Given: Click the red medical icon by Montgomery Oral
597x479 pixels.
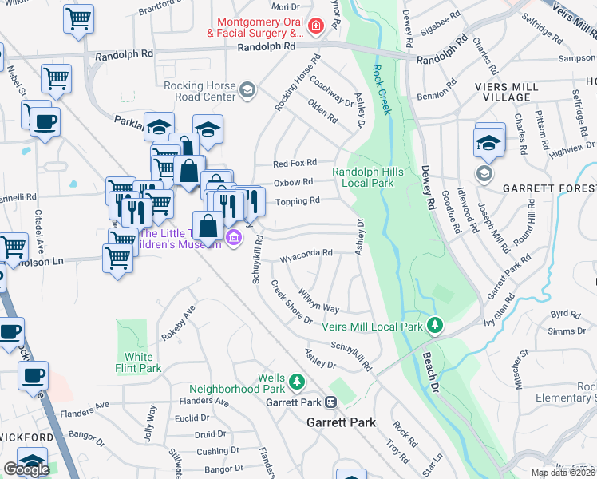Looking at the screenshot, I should (316, 26).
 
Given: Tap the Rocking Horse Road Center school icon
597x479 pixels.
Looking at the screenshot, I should (247, 89).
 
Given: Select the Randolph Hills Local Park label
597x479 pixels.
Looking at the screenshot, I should (363, 177).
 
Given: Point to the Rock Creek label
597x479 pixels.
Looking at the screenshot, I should (382, 89).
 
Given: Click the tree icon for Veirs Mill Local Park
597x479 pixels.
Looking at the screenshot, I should (435, 325).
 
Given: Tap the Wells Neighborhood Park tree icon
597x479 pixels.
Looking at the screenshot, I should (296, 382).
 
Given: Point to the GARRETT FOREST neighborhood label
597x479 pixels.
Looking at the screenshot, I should (549, 189).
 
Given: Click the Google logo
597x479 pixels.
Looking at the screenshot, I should (26, 469).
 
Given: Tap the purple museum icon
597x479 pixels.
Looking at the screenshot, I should (234, 237).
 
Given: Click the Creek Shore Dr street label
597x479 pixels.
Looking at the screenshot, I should (291, 302).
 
